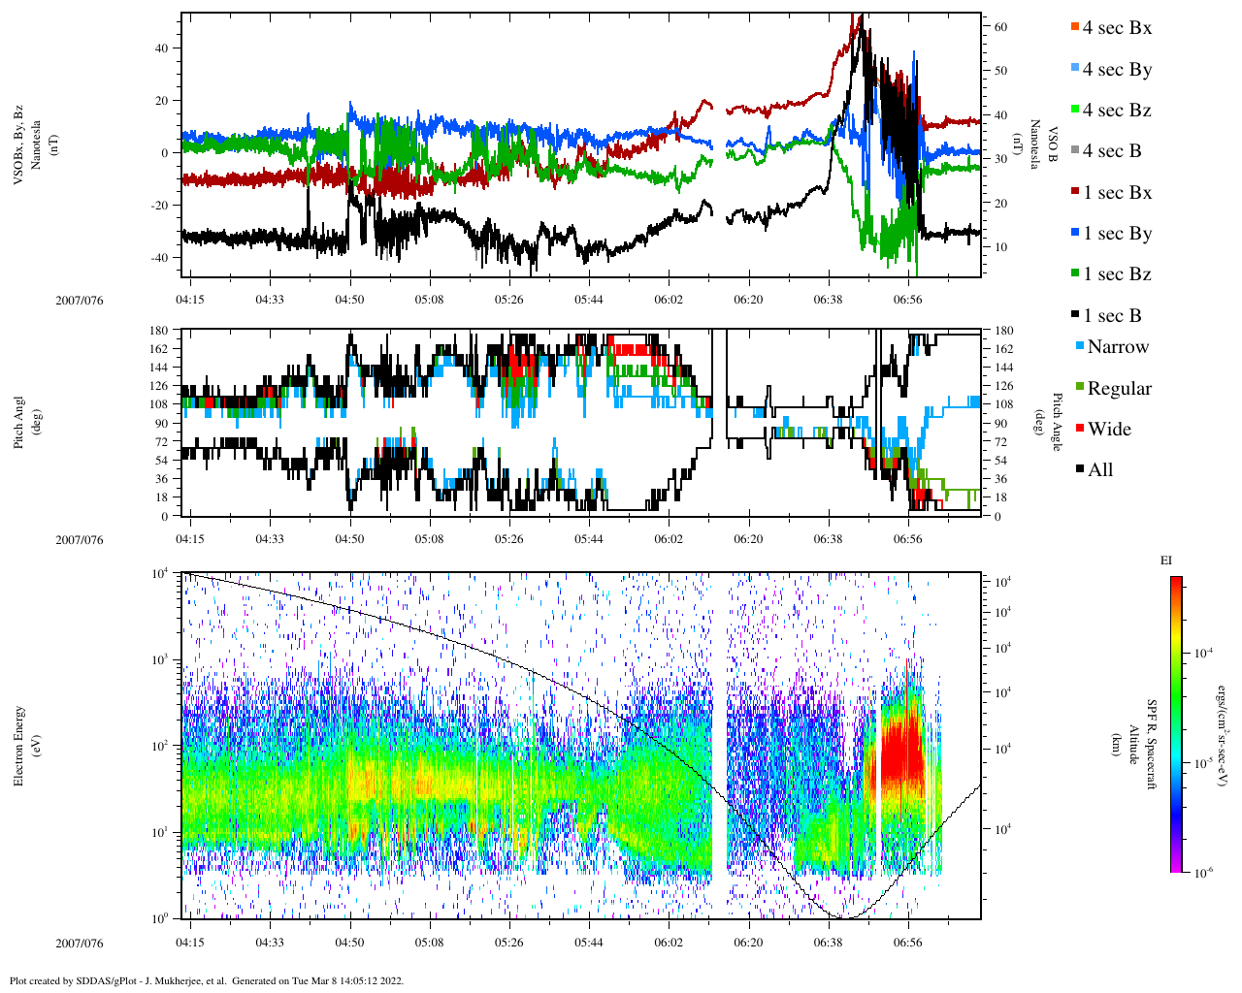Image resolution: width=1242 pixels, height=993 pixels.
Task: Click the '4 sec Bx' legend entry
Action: (x=1117, y=28)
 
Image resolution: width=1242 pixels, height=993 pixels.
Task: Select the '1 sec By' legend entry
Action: (x=1117, y=234)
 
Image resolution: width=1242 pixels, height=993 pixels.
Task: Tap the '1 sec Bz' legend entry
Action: (x=1117, y=274)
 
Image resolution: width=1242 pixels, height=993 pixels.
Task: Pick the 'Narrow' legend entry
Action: (x=1117, y=347)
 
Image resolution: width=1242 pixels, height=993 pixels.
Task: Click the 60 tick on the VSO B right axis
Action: (x=1000, y=27)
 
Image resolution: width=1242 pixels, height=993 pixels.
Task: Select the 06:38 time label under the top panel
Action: (x=828, y=301)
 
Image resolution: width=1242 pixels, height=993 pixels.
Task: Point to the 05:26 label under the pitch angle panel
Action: (x=508, y=540)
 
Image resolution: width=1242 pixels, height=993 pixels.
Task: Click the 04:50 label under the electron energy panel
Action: (x=349, y=943)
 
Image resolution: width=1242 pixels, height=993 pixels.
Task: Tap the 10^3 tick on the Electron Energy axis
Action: (x=161, y=659)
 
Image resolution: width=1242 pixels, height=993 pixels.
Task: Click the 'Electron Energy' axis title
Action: (x=18, y=745)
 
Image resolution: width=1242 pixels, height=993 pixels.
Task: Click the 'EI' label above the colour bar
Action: (x=1166, y=561)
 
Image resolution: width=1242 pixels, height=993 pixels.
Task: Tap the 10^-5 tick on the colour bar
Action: (x=1206, y=764)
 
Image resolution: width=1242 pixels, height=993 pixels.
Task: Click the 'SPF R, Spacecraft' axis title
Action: (x=1152, y=745)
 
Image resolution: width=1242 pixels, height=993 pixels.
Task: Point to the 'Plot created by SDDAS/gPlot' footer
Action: (x=206, y=980)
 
